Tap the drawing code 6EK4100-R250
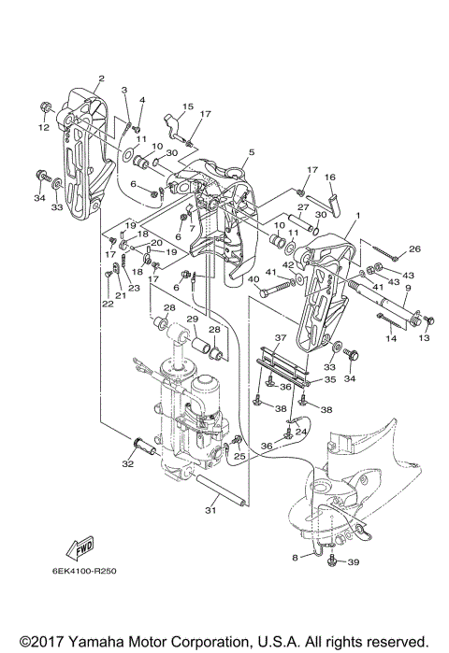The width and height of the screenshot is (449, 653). tap(84, 571)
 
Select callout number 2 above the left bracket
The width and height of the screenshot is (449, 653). tap(101, 78)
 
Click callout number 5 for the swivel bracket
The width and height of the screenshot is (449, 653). tap(252, 152)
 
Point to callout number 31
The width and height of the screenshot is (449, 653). tap(211, 510)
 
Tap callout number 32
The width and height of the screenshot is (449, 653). tap(127, 464)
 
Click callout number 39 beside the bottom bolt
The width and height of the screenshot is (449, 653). tap(353, 562)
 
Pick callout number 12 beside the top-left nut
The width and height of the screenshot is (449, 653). tap(44, 127)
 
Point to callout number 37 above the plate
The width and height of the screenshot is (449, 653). tap(281, 337)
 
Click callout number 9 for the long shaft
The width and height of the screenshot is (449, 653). tap(408, 288)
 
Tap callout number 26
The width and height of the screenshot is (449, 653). tap(414, 249)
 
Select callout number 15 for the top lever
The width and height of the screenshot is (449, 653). tap(188, 106)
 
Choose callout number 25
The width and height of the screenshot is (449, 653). tap(239, 457)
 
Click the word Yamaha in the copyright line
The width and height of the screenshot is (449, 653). tap(95, 641)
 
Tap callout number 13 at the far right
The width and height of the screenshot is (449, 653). tap(424, 338)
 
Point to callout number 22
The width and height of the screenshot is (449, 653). tap(108, 304)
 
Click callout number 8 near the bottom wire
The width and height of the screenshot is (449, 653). tap(296, 558)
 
